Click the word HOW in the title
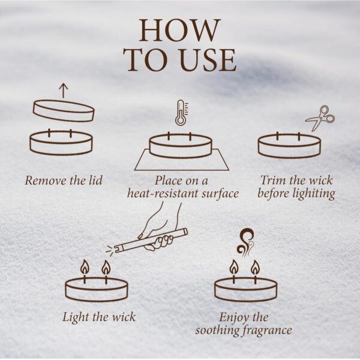coord(180,30)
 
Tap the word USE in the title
coord(208,59)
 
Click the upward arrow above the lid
coord(64,91)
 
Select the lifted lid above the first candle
coord(64,110)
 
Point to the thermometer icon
coord(182,113)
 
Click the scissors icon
coord(320,118)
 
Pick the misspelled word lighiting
coord(314,194)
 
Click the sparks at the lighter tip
coord(110,250)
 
